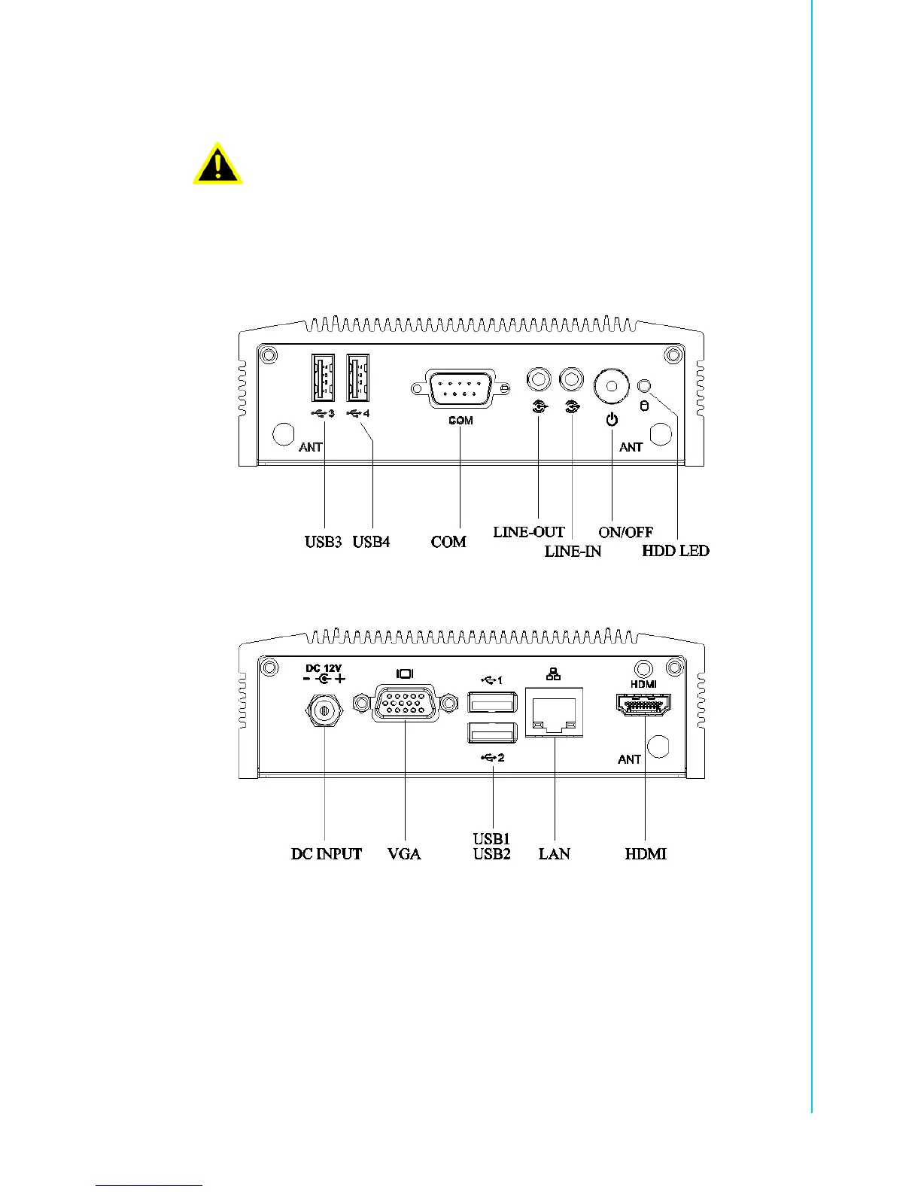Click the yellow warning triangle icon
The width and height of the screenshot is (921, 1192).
pyautogui.click(x=217, y=164)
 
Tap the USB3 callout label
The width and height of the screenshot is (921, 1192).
pyautogui.click(x=324, y=542)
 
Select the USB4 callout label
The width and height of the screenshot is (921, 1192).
pyautogui.click(x=372, y=542)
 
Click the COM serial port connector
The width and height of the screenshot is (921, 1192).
pyautogui.click(x=460, y=388)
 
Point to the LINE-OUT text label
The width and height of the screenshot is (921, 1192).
pyautogui.click(x=529, y=532)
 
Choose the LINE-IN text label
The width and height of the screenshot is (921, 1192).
pyautogui.click(x=573, y=552)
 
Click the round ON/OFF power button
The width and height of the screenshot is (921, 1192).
pyautogui.click(x=612, y=387)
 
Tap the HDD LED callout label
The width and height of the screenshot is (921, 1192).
pyautogui.click(x=675, y=551)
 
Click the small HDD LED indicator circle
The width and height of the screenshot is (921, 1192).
pyautogui.click(x=643, y=387)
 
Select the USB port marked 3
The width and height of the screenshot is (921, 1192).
pyautogui.click(x=324, y=378)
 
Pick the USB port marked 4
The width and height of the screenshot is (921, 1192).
pyautogui.click(x=358, y=378)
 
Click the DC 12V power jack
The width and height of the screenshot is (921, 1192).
pyautogui.click(x=324, y=709)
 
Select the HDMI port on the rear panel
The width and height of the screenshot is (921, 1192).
pyautogui.click(x=644, y=705)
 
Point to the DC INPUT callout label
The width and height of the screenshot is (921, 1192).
pyautogui.click(x=327, y=854)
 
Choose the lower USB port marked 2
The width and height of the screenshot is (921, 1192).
pyautogui.click(x=492, y=731)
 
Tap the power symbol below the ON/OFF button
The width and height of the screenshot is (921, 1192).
pyautogui.click(x=612, y=419)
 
